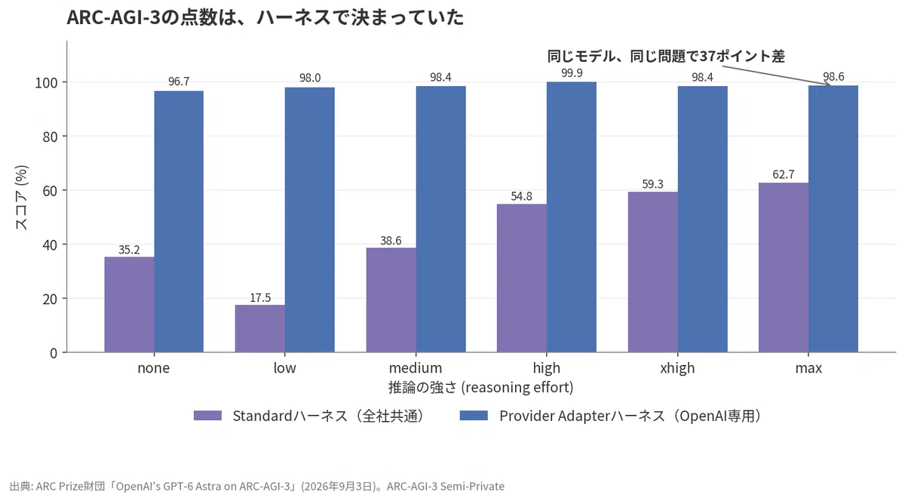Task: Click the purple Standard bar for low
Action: coord(260,328)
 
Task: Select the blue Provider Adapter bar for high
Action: coord(572,217)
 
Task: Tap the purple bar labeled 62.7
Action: coord(784,267)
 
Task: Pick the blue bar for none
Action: coord(179,222)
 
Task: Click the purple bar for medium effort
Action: coord(391,300)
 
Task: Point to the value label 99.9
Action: coord(572,72)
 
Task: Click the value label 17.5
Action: coord(260,298)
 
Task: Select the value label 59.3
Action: coord(652,184)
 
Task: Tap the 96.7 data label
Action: coord(179,81)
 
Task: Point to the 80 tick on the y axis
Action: coord(50,137)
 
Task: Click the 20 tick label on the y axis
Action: coord(50,299)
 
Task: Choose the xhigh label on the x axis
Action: coord(677,368)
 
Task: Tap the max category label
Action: coord(808,368)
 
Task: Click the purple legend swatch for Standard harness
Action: coord(207,416)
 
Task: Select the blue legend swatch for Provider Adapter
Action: coord(474,416)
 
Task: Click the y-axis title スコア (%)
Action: coord(21,198)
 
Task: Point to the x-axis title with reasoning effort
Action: coord(481,387)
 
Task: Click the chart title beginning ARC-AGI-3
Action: coord(265,17)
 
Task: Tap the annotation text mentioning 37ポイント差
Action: coord(666,56)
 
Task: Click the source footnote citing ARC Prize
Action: coord(257,486)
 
